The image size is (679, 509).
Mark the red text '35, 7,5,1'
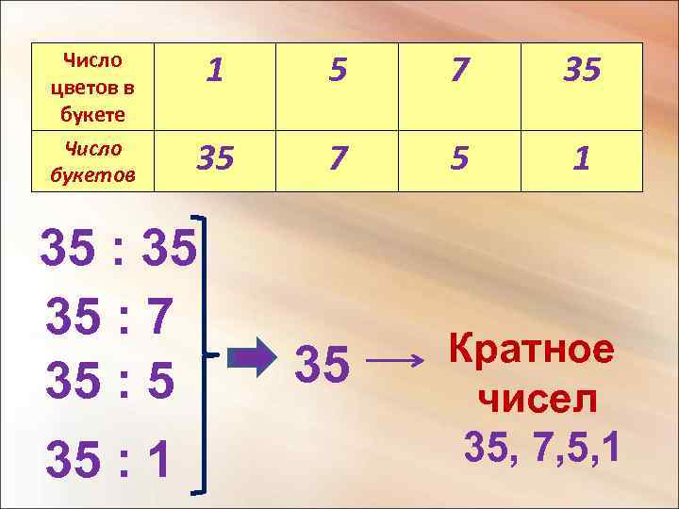click(542, 448)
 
